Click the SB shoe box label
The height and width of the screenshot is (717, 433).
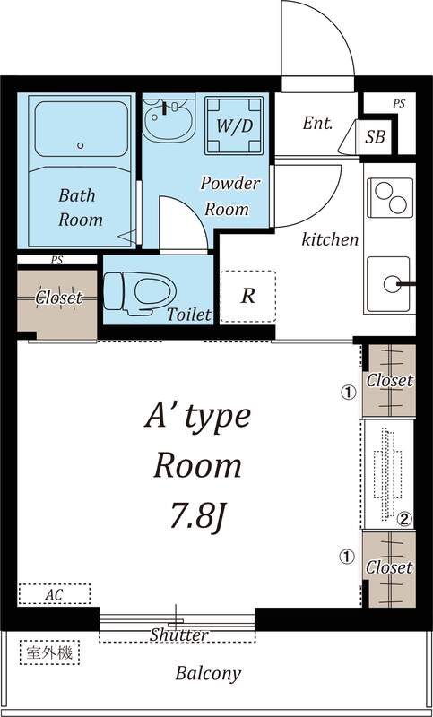(375, 136)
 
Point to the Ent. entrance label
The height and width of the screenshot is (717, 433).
(317, 124)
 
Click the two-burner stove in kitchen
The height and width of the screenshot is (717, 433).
(389, 199)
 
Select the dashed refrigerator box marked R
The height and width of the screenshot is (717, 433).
(247, 297)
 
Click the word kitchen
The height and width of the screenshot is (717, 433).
(330, 239)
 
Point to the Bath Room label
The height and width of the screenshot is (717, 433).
(80, 206)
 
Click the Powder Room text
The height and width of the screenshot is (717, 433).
(229, 195)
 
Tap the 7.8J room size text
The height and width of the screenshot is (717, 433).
(198, 517)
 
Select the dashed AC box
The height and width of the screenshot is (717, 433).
(54, 593)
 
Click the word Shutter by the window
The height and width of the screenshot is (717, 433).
(179, 635)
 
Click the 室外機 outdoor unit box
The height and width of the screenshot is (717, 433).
(49, 652)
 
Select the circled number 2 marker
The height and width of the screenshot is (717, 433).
(404, 518)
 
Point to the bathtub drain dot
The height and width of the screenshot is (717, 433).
(80, 144)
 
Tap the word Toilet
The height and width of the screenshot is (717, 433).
(188, 315)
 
